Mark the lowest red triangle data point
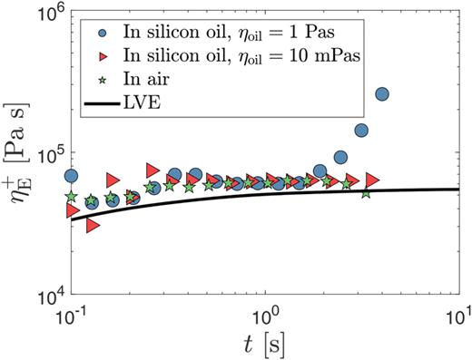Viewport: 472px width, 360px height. pyautogui.click(x=93, y=226)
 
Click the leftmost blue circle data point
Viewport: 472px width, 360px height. pyautogui.click(x=71, y=176)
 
